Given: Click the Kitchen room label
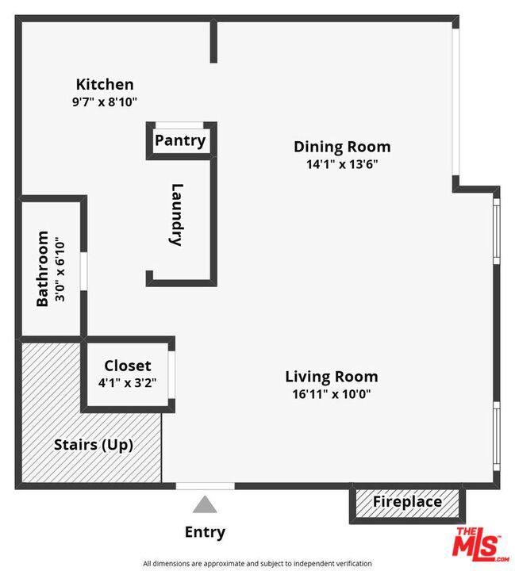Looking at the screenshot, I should coord(104,84).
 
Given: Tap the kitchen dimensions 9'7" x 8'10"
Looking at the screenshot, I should coord(104,102).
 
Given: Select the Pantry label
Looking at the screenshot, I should coord(180,141).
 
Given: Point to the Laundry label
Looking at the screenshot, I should coord(177,215).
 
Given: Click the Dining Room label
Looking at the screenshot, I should coord(342,147).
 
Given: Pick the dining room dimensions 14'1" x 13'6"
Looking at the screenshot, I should coord(342,164).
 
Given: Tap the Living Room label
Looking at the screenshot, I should coord(331,377).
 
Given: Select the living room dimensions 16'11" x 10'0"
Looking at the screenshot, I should coord(331,394).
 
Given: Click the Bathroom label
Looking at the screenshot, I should coord(43,269).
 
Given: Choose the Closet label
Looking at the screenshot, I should coord(127,366).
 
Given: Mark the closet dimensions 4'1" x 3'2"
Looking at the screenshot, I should coord(127,382).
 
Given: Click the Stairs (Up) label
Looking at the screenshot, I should coord(93,445).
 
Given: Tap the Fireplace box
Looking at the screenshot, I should coord(407,502).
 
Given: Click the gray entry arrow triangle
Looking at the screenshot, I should coord(205,504).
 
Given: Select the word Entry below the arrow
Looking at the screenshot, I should coord(205,532).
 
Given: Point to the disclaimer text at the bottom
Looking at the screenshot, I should coord(257,564).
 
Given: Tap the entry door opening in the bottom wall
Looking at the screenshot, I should coord(205,485).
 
